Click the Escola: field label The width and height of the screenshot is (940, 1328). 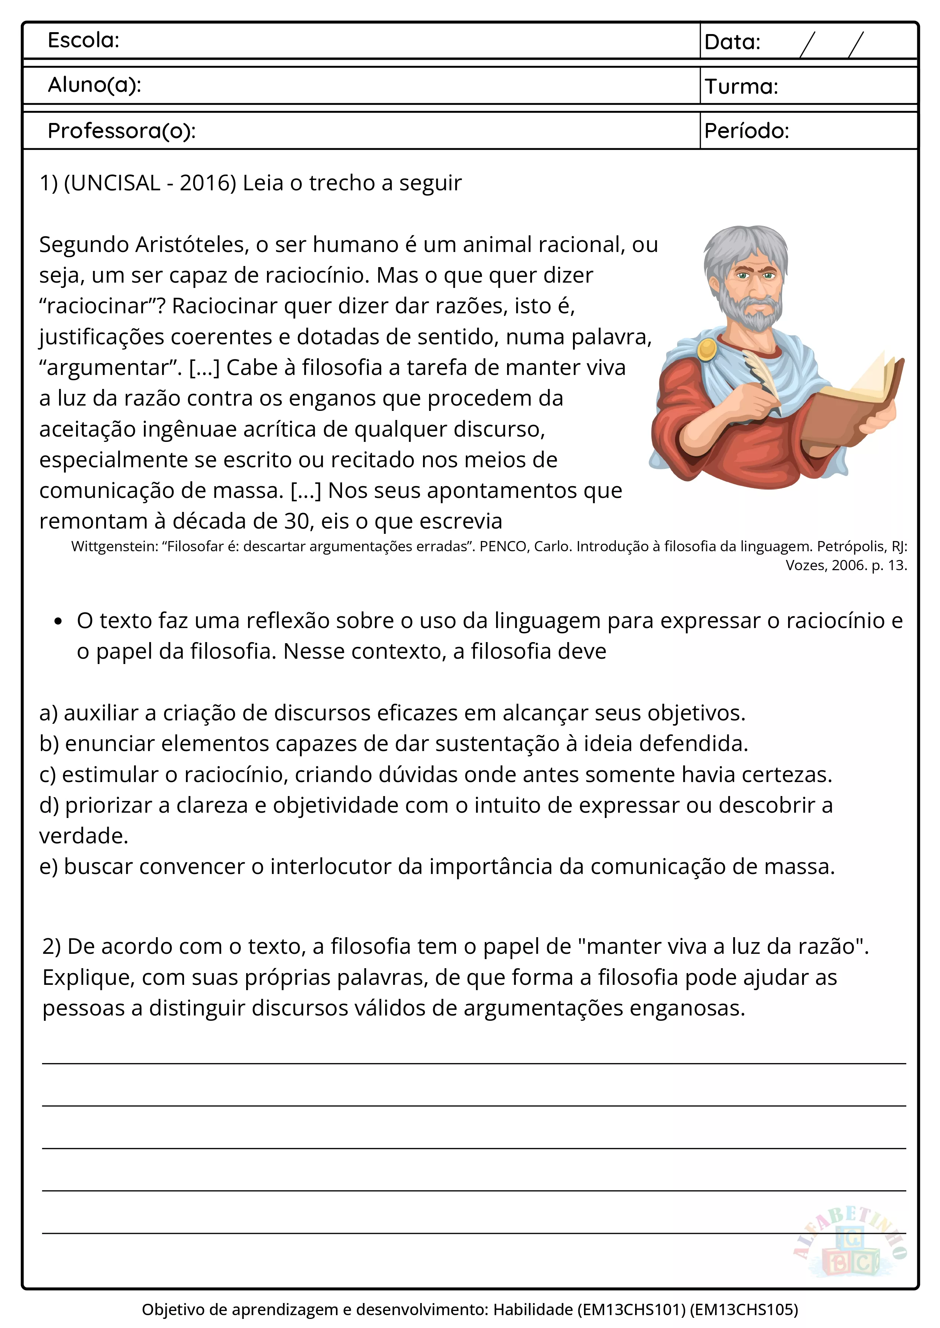tap(83, 40)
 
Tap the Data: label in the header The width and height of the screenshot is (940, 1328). tap(732, 42)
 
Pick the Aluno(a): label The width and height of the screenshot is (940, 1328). tap(94, 85)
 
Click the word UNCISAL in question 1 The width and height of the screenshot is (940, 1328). tap(112, 183)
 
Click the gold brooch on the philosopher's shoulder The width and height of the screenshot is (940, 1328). tap(707, 349)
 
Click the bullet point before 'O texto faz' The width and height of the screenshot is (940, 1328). tap(57, 622)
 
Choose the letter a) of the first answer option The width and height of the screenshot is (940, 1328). tap(48, 713)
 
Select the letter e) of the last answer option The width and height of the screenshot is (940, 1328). tap(48, 867)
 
